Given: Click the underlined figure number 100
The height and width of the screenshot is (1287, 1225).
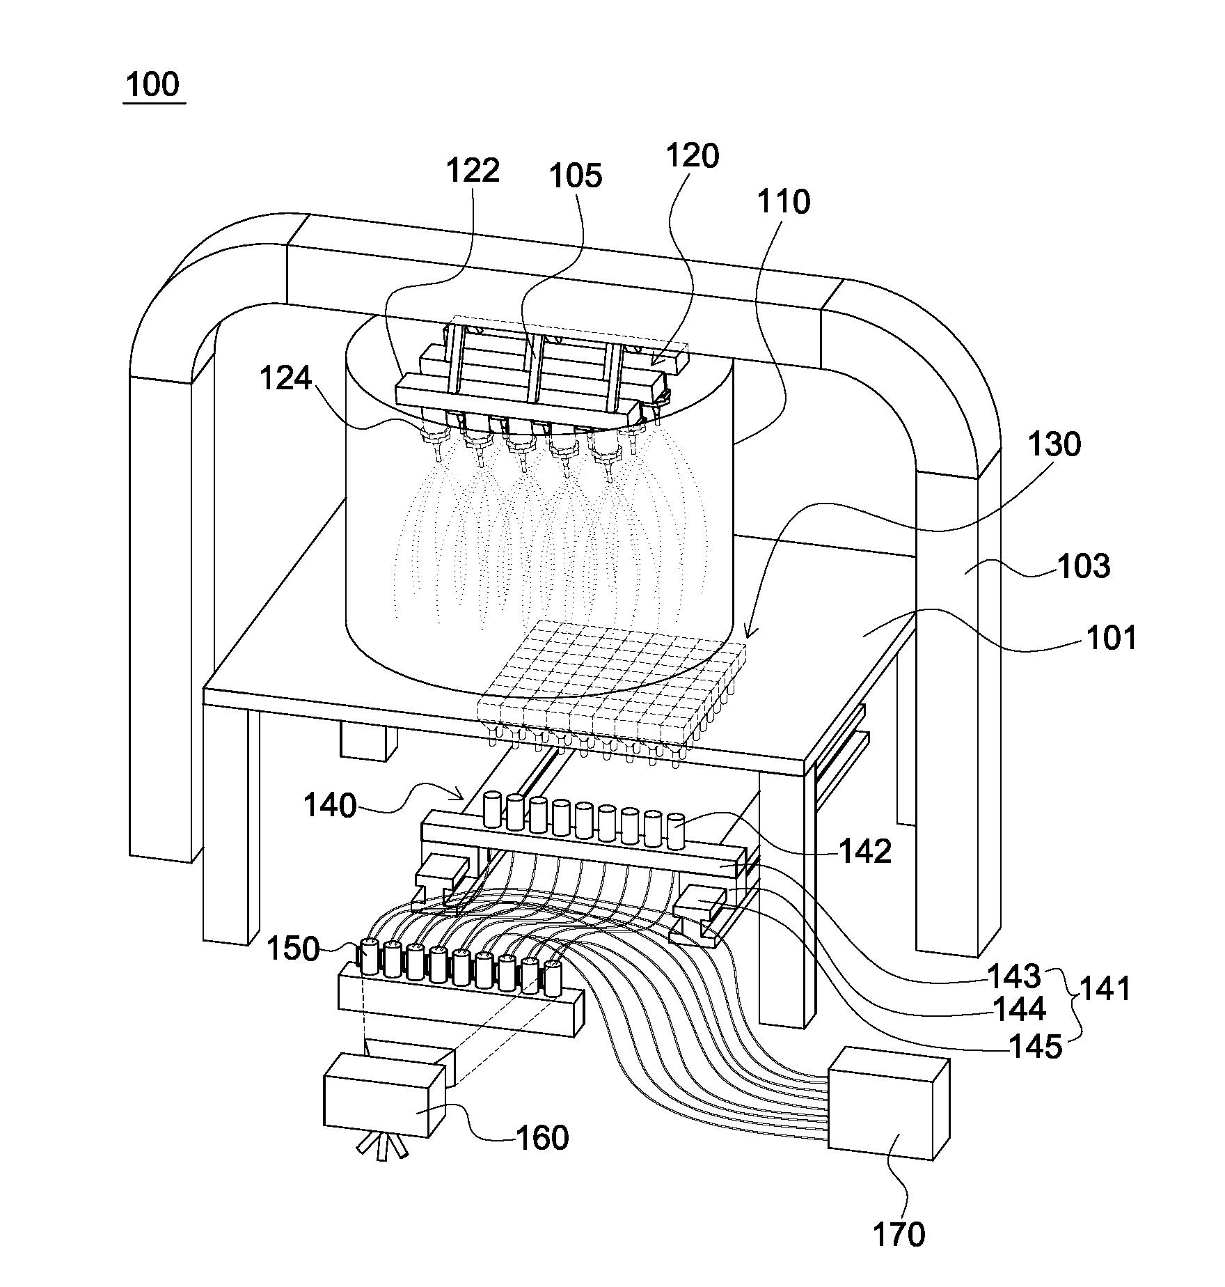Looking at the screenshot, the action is pyautogui.click(x=154, y=85).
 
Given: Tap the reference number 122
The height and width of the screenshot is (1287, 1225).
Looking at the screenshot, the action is pyautogui.click(x=473, y=171).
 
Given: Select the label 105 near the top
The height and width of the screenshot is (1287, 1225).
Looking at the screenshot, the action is pyautogui.click(x=576, y=176).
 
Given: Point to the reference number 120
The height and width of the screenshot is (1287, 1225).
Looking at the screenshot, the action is pyautogui.click(x=692, y=156).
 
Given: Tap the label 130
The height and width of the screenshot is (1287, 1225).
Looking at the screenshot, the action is pyautogui.click(x=1054, y=444).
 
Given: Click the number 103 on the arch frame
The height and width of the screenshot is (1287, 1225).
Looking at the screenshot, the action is pyautogui.click(x=1084, y=566).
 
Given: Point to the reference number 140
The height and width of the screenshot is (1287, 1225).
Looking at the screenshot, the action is pyautogui.click(x=330, y=806).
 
